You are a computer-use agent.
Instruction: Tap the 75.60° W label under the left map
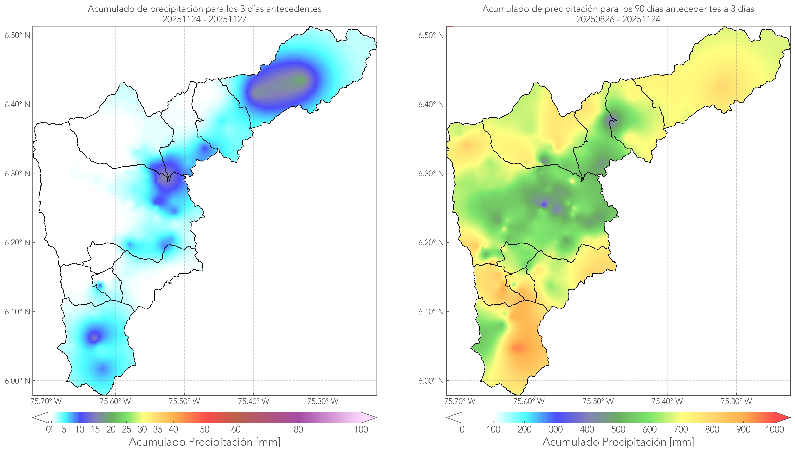click(115, 401)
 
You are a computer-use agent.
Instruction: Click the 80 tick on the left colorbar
click(298, 429)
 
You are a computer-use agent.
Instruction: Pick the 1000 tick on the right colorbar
click(775, 429)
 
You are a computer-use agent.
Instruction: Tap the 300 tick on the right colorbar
click(556, 429)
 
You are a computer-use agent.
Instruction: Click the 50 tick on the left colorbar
click(205, 429)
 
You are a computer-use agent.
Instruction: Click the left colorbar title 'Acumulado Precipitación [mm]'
click(205, 442)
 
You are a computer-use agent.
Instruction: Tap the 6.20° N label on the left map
click(17, 242)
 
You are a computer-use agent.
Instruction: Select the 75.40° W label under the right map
click(667, 401)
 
